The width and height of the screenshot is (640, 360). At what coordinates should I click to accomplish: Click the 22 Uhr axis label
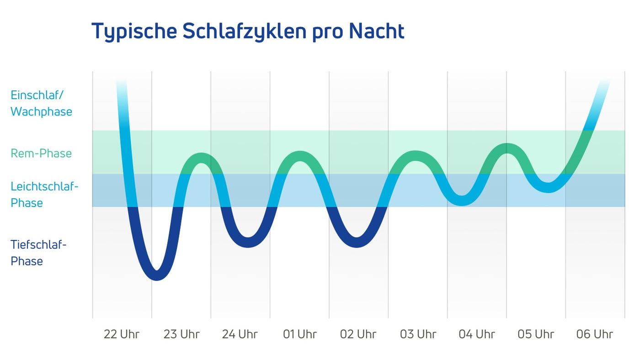[x=122, y=334]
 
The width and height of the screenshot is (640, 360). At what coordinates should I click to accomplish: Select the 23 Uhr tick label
[x=181, y=334]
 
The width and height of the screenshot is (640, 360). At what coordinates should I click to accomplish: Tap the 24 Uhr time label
[x=240, y=334]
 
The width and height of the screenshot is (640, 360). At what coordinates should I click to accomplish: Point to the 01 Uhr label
[x=299, y=334]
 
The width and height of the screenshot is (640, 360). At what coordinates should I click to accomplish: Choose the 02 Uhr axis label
[x=358, y=334]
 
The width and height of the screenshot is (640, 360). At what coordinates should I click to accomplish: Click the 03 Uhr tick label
[x=418, y=334]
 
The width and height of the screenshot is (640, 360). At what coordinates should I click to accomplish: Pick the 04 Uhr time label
[x=477, y=334]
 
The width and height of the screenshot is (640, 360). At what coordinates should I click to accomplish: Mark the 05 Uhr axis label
[x=536, y=334]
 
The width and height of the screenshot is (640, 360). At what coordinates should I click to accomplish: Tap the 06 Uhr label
[x=595, y=334]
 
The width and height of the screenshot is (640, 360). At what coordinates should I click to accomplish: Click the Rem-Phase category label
[x=41, y=153]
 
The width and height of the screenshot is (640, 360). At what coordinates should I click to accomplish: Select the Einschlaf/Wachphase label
[x=41, y=103]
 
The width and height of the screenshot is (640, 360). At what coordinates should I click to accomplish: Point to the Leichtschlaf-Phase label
[x=44, y=195]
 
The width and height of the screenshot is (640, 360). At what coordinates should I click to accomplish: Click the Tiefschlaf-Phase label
[x=38, y=253]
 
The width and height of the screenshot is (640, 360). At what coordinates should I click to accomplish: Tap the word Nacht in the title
[x=376, y=31]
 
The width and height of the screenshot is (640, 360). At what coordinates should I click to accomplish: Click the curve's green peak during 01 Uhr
[x=300, y=156]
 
